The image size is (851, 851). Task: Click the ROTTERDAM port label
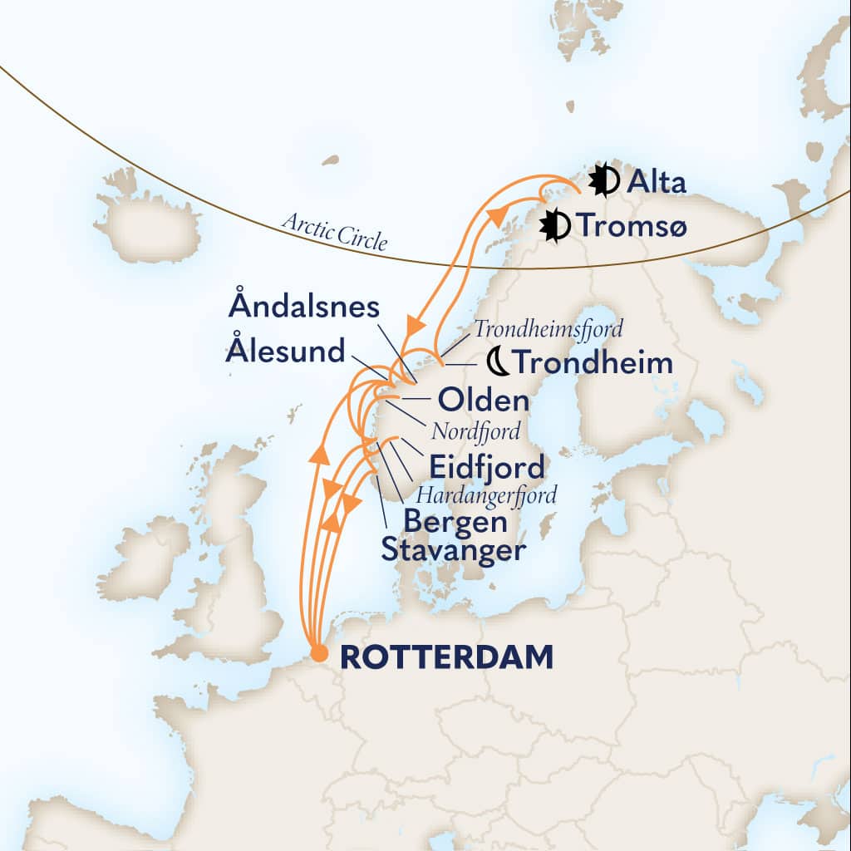pyautogui.click(x=447, y=657)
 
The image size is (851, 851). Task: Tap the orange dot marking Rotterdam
pyautogui.click(x=318, y=655)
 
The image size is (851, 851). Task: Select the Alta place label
pyautogui.click(x=657, y=182)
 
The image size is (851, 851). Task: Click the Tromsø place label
pyautogui.click(x=633, y=225)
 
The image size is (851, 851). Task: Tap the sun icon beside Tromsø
pyautogui.click(x=554, y=224)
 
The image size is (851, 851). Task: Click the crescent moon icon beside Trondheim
pyautogui.click(x=497, y=362)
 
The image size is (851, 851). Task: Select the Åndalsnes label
pyautogui.click(x=303, y=307)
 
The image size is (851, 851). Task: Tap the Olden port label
pyautogui.click(x=483, y=401)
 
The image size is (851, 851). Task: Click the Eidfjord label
pyautogui.click(x=486, y=466)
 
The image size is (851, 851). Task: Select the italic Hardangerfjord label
pyautogui.click(x=486, y=495)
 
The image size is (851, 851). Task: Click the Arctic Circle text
pyautogui.click(x=334, y=231)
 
